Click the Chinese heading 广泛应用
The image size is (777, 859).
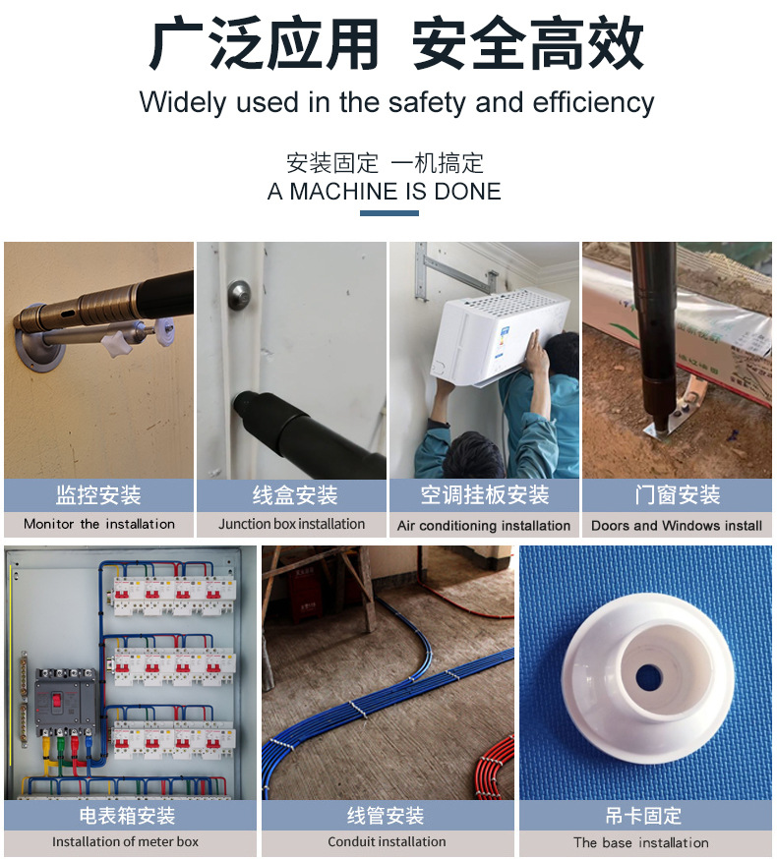pos(264,43)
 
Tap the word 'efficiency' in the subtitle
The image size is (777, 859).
pos(593,102)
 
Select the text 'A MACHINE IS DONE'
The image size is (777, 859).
pos(384,192)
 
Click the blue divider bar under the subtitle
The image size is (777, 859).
pos(389,213)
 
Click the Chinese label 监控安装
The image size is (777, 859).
pos(98,494)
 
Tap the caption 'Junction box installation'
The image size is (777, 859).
pos(291,524)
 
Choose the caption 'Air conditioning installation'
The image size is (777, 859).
pos(483,526)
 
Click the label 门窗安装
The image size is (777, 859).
pos(677,494)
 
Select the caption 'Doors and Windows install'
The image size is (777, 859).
pos(677,526)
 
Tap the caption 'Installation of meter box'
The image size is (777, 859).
pos(125,841)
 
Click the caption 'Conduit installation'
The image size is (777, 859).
pos(387,841)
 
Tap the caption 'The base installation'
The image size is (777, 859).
pos(641,842)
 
